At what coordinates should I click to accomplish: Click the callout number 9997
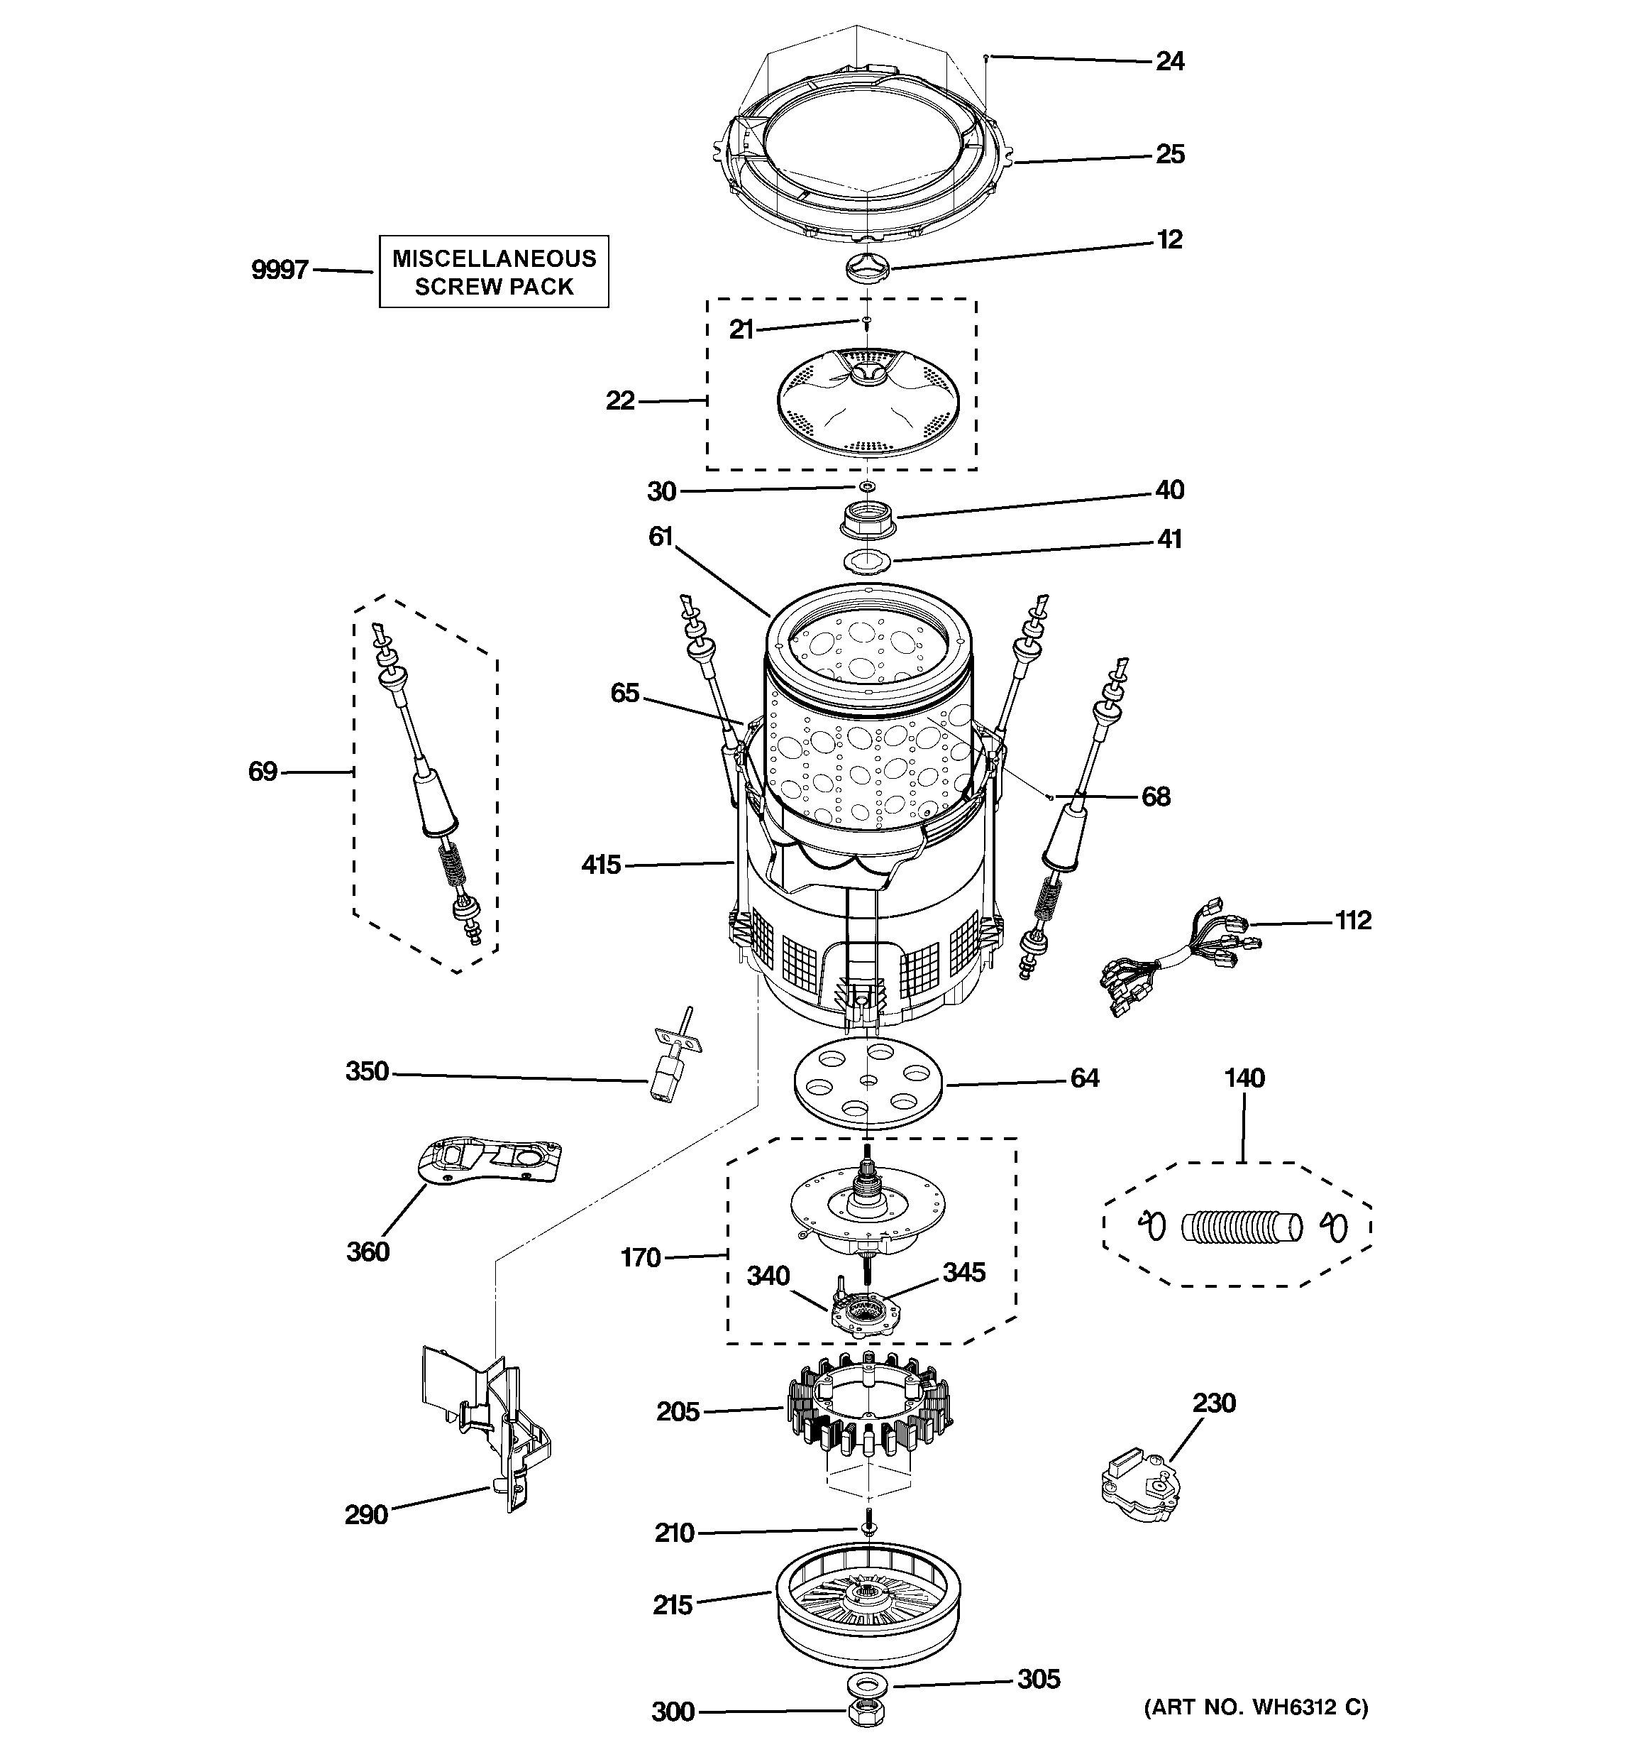pos(280,270)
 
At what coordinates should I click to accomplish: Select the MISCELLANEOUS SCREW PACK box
pos(494,272)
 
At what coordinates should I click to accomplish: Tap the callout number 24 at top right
pos(1170,62)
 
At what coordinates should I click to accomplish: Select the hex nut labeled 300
pos(867,1712)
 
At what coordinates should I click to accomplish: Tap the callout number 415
pos(601,865)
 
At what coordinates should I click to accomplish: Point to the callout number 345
pos(963,1273)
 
